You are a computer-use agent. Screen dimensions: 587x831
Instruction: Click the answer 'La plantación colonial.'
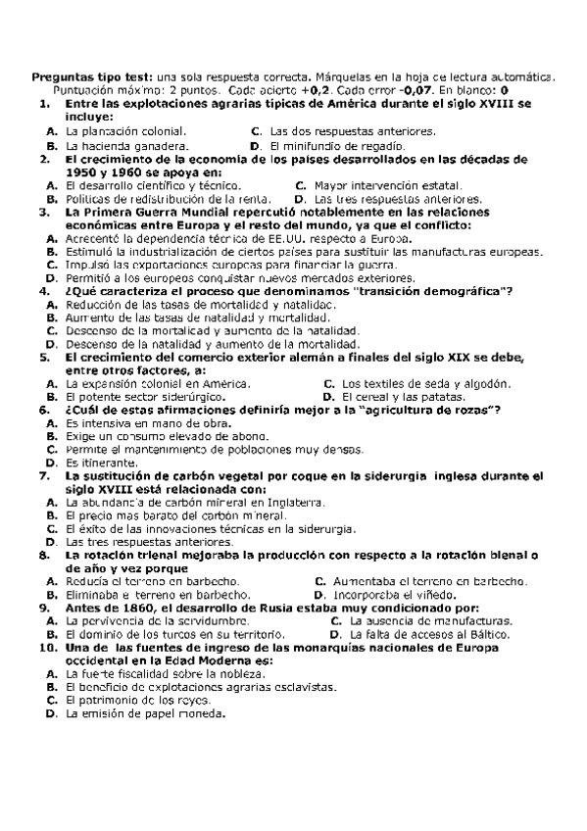click(124, 131)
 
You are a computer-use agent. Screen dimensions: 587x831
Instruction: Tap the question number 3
click(44, 212)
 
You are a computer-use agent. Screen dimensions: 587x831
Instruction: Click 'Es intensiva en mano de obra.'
click(141, 423)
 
